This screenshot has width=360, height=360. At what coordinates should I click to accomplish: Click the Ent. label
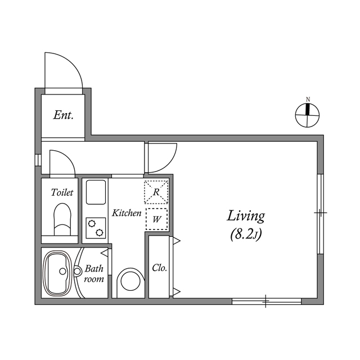(x=64, y=115)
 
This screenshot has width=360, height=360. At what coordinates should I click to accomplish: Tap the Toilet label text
(x=62, y=192)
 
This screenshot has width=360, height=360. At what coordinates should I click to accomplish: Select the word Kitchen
(x=127, y=213)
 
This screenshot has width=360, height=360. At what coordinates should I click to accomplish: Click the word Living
(x=246, y=216)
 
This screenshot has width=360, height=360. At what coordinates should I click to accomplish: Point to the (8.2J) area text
(x=246, y=235)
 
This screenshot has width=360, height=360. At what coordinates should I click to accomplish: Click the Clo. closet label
(x=159, y=268)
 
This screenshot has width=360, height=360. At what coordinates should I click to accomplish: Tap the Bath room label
(x=94, y=274)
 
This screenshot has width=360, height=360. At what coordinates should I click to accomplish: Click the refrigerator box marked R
(x=156, y=192)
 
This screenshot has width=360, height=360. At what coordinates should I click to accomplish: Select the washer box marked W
(x=156, y=219)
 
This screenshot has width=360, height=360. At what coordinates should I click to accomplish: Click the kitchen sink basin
(x=96, y=192)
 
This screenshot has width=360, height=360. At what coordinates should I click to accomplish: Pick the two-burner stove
(x=96, y=228)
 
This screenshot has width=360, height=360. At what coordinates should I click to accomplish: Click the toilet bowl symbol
(x=62, y=219)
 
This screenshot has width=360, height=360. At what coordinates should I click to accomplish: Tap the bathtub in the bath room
(x=59, y=273)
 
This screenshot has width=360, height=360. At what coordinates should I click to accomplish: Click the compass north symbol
(x=307, y=115)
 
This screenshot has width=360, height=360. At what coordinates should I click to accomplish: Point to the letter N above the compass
(x=308, y=100)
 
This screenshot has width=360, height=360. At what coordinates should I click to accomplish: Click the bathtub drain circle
(x=62, y=271)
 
